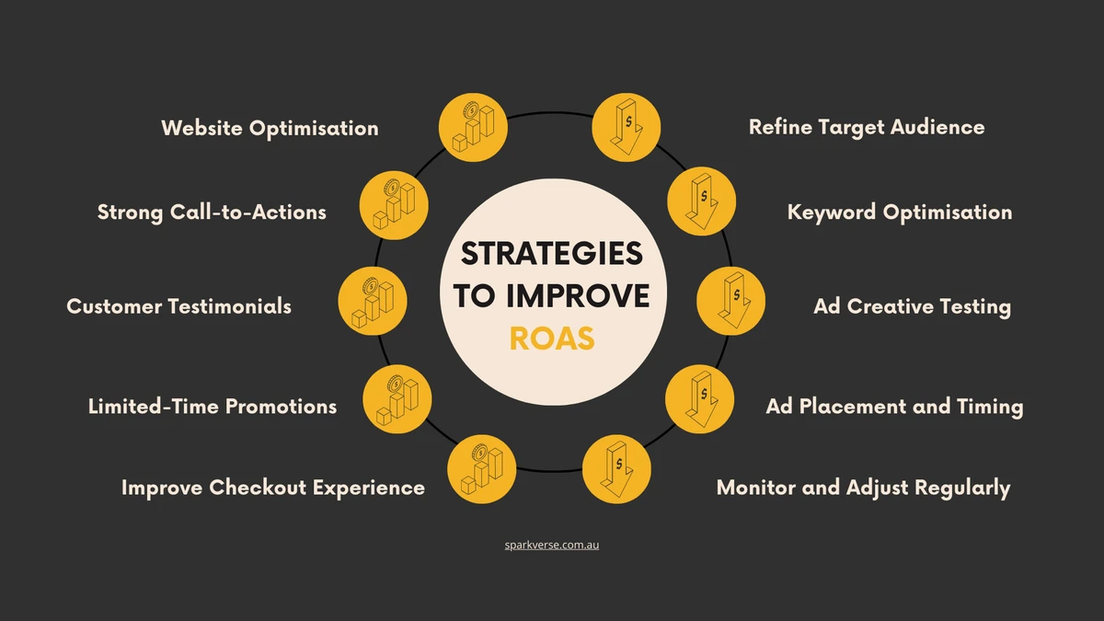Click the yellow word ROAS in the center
552,339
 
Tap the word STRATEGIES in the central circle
552,253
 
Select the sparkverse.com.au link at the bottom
551,545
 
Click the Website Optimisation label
270,128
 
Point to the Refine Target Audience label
867,127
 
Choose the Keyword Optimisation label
900,213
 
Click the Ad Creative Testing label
913,306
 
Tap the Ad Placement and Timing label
894,407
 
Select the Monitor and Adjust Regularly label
864,488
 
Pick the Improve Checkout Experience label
273,488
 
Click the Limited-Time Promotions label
213,407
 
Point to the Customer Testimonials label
178,306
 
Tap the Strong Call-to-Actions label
212,213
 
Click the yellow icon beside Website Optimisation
473,127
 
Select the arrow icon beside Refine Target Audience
627,127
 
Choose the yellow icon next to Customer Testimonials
373,301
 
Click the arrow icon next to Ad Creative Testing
730,301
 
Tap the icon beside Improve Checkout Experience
482,469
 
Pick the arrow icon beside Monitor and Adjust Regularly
616,469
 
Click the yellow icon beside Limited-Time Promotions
397,399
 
